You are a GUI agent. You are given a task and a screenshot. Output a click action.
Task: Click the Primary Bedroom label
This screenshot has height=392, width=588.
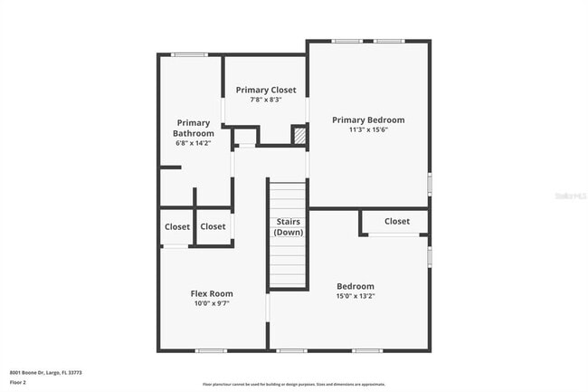[367, 120]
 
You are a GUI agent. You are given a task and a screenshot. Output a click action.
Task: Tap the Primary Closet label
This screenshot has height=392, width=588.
[266, 91]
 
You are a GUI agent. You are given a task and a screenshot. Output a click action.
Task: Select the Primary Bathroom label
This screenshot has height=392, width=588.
[194, 128]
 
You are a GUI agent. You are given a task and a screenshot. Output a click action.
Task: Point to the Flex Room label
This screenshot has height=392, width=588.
[212, 293]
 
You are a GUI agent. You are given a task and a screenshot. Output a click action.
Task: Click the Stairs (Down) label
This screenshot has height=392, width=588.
[288, 226]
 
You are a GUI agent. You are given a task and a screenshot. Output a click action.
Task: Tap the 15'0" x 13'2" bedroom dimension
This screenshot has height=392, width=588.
[356, 295]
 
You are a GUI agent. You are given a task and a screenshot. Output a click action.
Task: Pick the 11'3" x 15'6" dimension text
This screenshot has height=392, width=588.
[367, 130]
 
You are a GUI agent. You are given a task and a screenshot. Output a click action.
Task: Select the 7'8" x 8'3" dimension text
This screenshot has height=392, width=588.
[266, 100]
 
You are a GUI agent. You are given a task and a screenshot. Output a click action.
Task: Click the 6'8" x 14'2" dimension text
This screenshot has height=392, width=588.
[194, 143]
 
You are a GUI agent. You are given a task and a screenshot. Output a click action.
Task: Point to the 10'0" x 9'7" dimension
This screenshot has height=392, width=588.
[212, 304]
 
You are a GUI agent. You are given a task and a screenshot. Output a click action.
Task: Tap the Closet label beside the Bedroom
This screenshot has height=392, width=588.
[397, 221]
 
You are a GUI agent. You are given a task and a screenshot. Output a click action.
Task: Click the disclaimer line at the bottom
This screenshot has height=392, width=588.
[294, 384]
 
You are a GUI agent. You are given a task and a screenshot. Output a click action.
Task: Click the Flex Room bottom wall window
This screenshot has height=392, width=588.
[211, 350]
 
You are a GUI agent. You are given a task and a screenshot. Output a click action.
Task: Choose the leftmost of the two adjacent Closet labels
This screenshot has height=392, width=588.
[177, 226]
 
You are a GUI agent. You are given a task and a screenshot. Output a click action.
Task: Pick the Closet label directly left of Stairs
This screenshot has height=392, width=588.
[213, 226]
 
